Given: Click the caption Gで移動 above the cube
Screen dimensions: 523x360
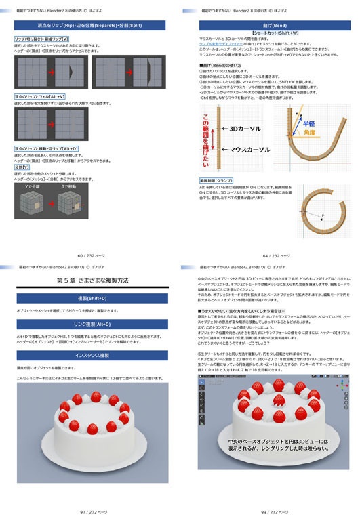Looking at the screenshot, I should click(x=71, y=186).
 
